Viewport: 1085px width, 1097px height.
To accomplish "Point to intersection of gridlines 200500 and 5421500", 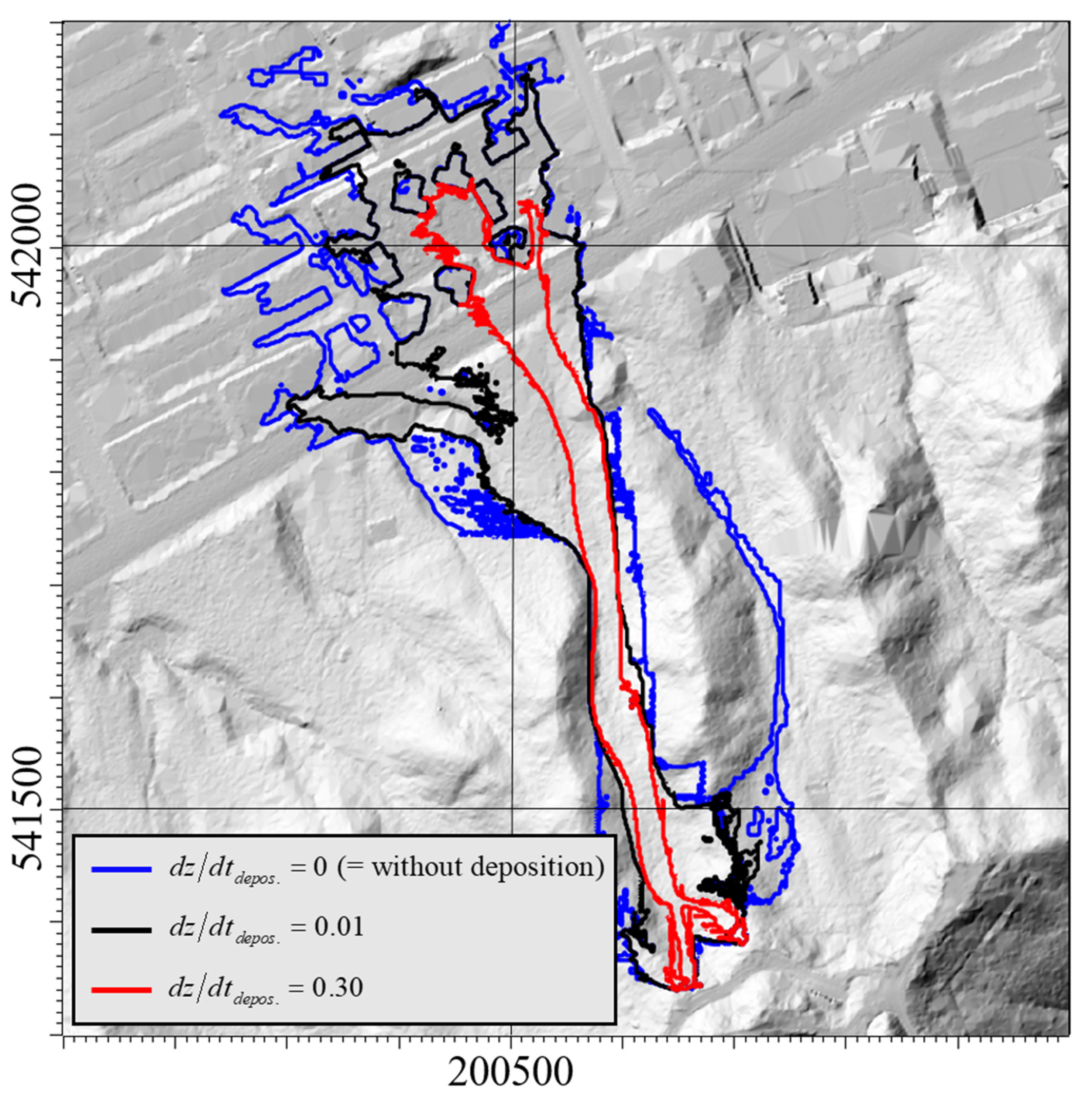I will point(512,808).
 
